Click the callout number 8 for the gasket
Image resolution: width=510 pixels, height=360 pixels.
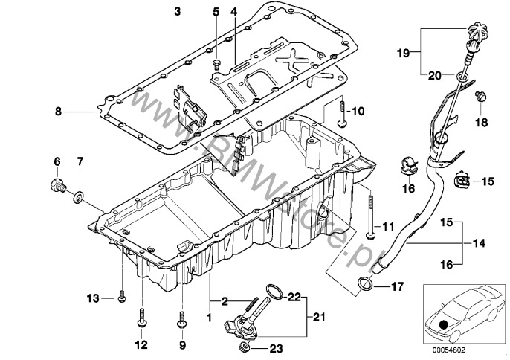58,112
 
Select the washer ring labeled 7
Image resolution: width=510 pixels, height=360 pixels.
78,197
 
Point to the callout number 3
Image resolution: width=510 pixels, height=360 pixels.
177,12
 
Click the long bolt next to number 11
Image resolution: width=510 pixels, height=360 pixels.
370,216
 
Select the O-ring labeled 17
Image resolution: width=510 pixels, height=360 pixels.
366,284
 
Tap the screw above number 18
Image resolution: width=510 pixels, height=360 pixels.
481,96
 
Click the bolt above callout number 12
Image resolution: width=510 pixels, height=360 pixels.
142,318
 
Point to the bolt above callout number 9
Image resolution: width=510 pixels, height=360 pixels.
182,320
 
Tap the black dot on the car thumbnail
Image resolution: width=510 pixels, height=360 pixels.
443,325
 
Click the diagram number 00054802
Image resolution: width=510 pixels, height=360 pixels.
448,350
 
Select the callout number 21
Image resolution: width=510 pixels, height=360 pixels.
318,316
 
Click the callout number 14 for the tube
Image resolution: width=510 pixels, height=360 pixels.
479,242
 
